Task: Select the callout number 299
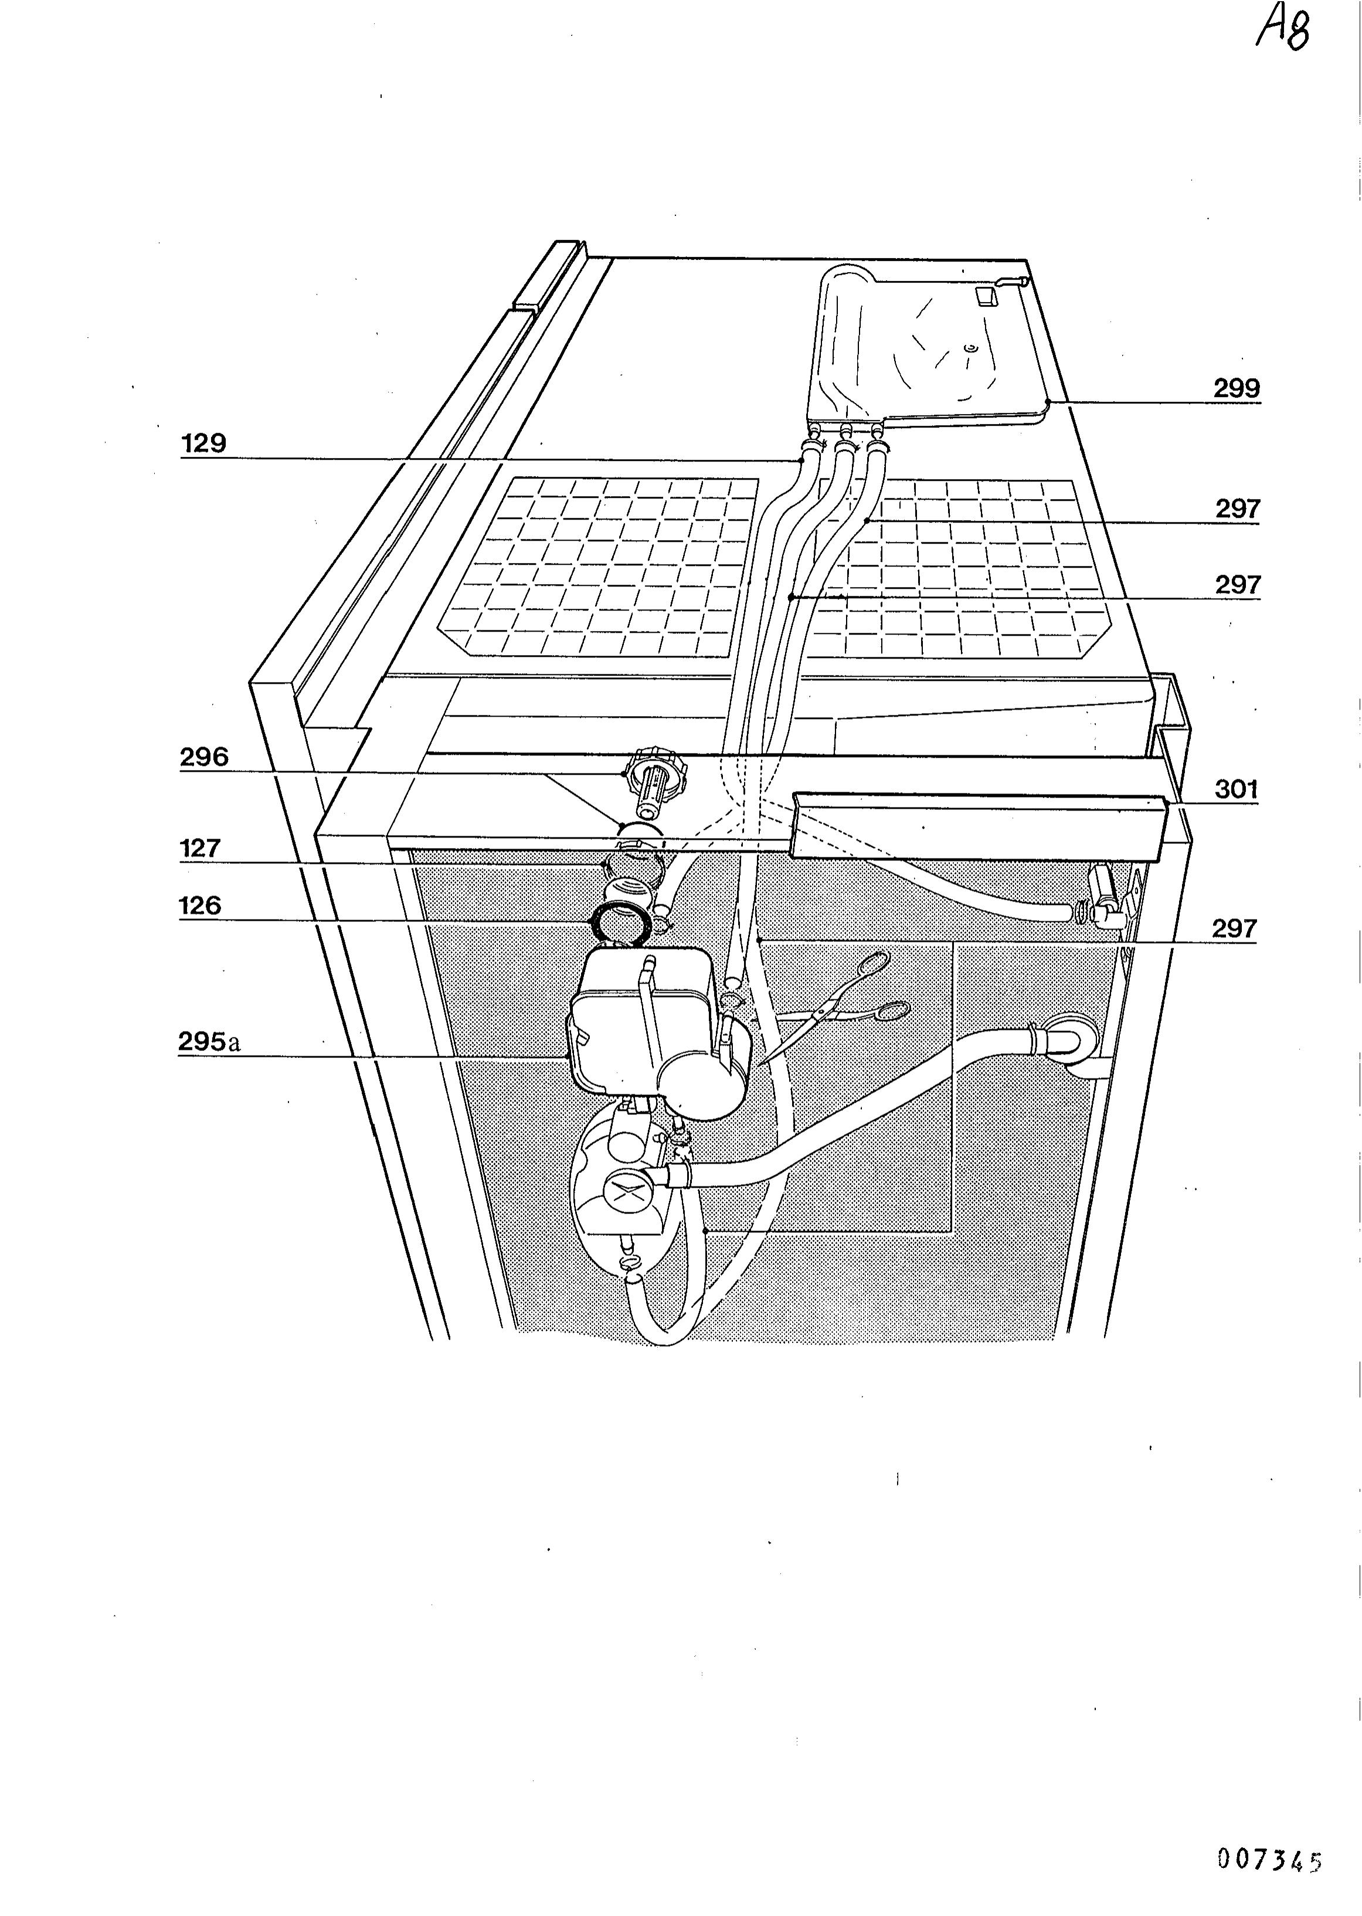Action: (1237, 388)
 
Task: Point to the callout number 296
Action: (204, 758)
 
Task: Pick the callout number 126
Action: (201, 906)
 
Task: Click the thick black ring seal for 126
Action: (621, 924)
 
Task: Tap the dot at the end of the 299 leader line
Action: (1049, 403)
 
